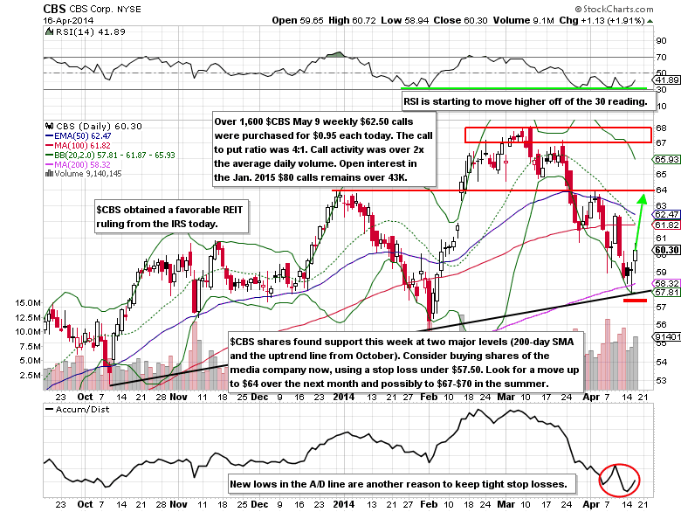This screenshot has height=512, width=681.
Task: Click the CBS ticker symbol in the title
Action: point(19,8)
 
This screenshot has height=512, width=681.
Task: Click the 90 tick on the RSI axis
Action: point(662,39)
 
